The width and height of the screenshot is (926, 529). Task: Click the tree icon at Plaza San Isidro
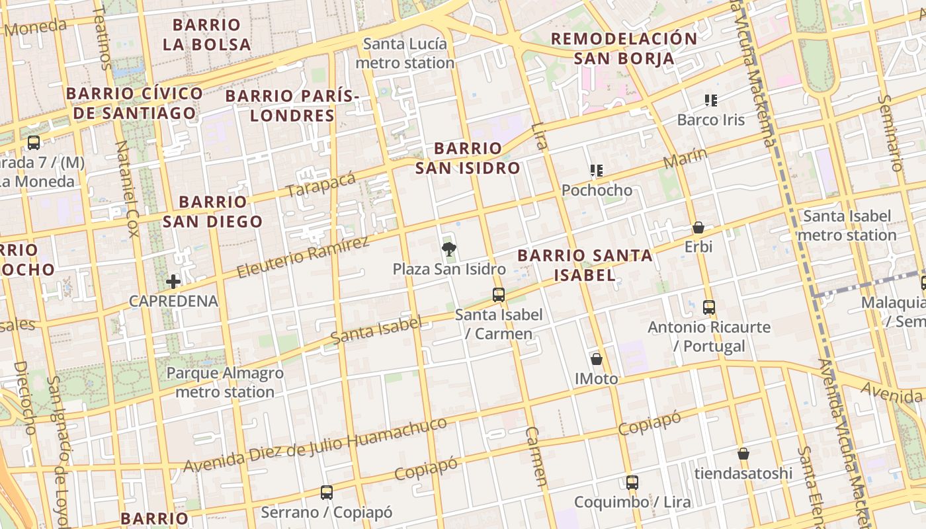[449, 249]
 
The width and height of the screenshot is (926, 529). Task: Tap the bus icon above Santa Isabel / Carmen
[499, 295]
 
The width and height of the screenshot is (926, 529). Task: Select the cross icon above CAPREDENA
[173, 282]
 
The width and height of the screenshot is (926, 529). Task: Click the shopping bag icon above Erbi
[698, 228]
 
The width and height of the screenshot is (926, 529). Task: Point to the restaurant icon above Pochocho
[597, 171]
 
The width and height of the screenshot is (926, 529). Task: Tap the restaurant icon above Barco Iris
[711, 101]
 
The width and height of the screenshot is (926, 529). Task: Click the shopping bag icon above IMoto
[597, 359]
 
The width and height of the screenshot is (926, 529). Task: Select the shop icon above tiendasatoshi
[743, 454]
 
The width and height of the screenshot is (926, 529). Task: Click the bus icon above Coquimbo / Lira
[632, 483]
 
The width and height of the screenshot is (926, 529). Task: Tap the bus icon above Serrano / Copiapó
[327, 493]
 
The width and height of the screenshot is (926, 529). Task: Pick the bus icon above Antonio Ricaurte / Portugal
[709, 307]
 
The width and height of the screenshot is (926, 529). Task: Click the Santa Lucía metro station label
[405, 54]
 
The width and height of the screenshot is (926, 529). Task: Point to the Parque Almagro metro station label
[225, 382]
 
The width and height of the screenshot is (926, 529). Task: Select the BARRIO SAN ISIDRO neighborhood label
[468, 158]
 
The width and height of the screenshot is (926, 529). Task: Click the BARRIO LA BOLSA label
[206, 35]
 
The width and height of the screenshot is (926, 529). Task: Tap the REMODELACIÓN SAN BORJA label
[624, 48]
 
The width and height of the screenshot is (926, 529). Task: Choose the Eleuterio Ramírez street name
[303, 257]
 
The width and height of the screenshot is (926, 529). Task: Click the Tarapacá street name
[321, 183]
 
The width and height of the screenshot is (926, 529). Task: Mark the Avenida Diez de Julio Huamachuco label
[315, 445]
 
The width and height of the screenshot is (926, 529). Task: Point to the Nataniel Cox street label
[127, 188]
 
